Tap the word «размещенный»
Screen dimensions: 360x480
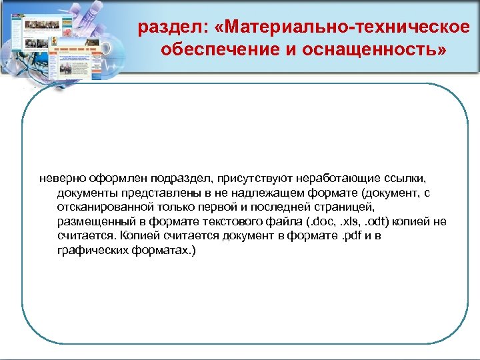[89, 221]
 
